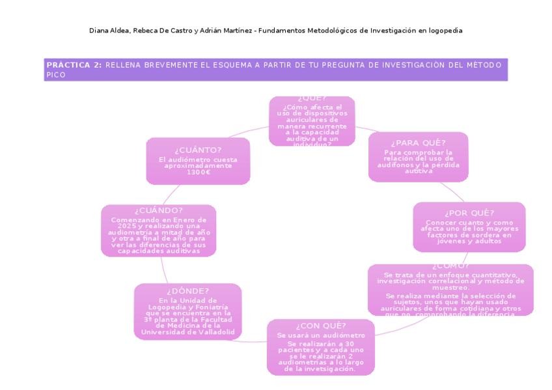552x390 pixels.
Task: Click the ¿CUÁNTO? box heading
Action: pos(198,150)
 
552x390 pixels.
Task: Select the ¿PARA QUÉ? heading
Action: pos(418,143)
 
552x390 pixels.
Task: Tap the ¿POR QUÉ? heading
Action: pos(469,213)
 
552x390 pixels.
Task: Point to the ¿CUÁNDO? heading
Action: pos(159,210)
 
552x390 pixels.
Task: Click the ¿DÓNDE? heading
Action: pos(187,290)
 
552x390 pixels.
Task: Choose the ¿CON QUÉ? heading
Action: pos(321,325)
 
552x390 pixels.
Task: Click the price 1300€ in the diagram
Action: pos(198,172)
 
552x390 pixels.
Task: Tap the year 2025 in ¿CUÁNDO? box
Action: pos(119,225)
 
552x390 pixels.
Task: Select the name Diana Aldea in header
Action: pos(108,31)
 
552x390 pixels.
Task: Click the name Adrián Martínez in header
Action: pos(223,31)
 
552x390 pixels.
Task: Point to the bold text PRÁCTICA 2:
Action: pos(74,64)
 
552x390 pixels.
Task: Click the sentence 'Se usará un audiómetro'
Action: pos(321,335)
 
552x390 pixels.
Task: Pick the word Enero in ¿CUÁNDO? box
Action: pos(184,219)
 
